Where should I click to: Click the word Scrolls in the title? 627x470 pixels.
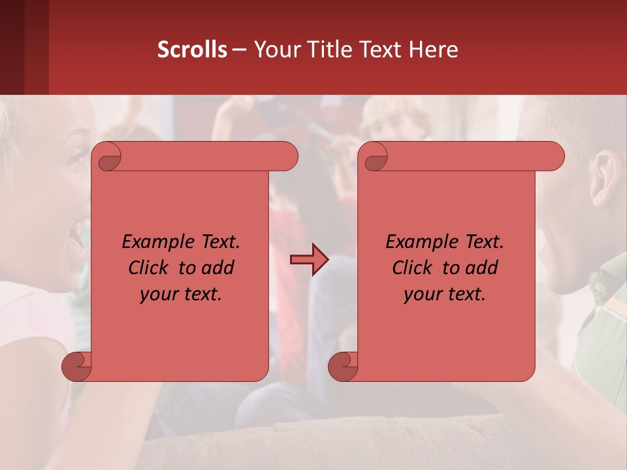[193, 50]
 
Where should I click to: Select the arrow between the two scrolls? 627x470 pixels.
[309, 260]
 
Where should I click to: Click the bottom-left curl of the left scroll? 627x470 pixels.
[76, 366]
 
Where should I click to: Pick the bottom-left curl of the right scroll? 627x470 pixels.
[343, 366]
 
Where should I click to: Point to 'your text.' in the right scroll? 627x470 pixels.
[445, 294]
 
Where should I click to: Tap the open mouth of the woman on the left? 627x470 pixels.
[78, 239]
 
